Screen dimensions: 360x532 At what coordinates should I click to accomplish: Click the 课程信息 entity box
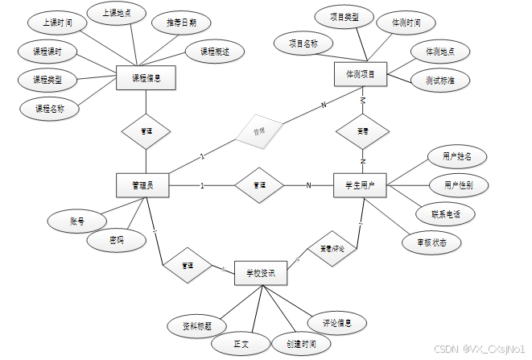point(146,78)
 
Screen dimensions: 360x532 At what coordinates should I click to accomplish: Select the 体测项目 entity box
point(361,74)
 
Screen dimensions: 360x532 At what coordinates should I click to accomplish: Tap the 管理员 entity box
point(145,185)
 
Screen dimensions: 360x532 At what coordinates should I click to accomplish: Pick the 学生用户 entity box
point(361,185)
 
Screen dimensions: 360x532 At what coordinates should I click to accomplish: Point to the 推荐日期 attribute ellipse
point(174,23)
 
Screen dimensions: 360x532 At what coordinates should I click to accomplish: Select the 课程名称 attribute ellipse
point(49,108)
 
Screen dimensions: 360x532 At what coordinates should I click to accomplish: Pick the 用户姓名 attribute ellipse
point(445,155)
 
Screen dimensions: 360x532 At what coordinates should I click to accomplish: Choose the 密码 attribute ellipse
point(117,239)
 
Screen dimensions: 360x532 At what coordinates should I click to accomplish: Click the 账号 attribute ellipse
point(77,219)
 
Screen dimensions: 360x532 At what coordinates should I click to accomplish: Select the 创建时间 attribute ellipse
point(299,343)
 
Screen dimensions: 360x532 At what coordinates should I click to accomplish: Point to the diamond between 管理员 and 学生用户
point(259,185)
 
